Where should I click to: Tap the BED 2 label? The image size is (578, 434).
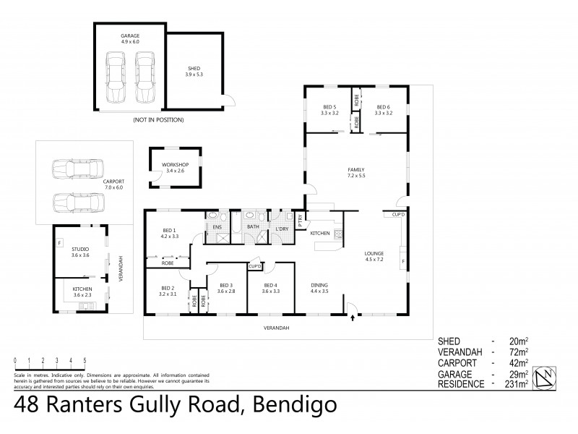click(168, 291)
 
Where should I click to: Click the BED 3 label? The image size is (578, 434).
click(227, 288)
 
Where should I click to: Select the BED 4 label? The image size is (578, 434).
click(270, 288)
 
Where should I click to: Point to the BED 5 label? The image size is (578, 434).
click(329, 109)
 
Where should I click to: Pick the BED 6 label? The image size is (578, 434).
click(382, 109)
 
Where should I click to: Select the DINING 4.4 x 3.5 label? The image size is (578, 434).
click(320, 287)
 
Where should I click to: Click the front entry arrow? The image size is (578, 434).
click(352, 315)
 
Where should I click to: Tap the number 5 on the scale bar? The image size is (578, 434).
click(85, 359)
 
